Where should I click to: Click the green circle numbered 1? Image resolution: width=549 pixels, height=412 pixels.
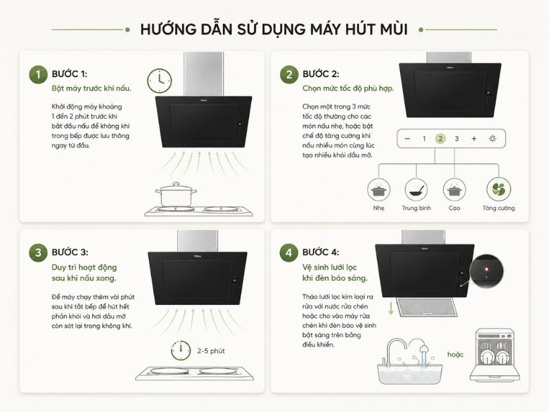(38, 75)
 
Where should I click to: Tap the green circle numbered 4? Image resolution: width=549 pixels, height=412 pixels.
(289, 253)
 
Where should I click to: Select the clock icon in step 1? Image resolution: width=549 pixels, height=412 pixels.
(159, 80)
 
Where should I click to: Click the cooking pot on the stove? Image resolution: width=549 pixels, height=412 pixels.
(176, 194)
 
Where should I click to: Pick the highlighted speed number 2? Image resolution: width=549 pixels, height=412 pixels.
(441, 139)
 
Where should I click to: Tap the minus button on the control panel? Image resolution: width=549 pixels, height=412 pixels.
(407, 139)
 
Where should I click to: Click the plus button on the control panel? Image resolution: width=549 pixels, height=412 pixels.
(474, 139)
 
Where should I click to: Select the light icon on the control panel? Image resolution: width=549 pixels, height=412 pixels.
(492, 139)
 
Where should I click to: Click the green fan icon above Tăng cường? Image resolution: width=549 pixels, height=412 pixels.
(499, 190)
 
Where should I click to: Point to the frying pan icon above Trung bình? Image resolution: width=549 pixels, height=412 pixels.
(417, 190)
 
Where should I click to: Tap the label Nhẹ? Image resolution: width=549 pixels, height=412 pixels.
(379, 208)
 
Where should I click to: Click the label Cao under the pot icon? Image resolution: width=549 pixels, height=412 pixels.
(454, 208)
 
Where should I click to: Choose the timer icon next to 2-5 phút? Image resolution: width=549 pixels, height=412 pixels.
(180, 350)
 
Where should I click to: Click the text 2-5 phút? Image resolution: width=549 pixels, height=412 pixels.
(211, 351)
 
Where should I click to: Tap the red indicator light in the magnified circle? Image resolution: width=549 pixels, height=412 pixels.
(487, 269)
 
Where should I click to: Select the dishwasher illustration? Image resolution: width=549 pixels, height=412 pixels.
(495, 355)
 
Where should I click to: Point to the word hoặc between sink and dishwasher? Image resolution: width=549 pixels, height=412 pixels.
(455, 354)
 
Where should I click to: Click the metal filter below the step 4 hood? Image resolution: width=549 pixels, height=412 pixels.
(426, 308)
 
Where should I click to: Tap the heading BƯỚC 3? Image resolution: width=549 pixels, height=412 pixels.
(70, 252)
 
